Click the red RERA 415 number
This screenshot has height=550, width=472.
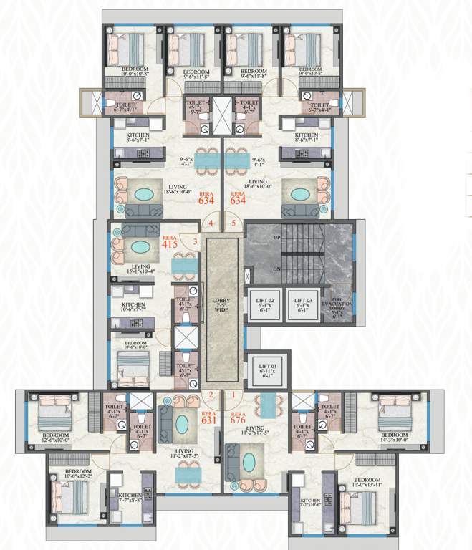169,243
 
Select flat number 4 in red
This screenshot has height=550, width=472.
211,223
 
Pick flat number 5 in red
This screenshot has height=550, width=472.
233,223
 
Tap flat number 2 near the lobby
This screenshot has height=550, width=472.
211,395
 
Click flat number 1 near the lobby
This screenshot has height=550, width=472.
232,395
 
